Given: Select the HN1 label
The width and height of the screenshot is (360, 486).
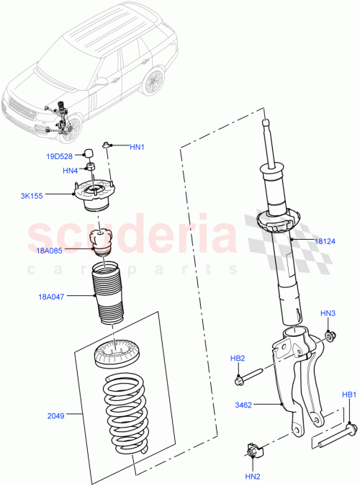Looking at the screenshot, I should click(137, 147).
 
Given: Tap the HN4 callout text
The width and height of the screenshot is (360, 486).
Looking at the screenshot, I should click(70, 171).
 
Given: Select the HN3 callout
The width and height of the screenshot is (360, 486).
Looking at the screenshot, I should click(328, 313).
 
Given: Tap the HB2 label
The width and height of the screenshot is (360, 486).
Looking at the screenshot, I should click(238, 358).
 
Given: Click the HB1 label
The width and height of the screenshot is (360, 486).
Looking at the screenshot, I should click(349, 395).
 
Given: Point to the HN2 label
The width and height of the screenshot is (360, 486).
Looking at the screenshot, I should click(252, 476).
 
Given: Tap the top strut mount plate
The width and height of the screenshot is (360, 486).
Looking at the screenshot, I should click(96, 193).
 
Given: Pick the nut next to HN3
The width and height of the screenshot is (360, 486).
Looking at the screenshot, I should click(329, 335).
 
